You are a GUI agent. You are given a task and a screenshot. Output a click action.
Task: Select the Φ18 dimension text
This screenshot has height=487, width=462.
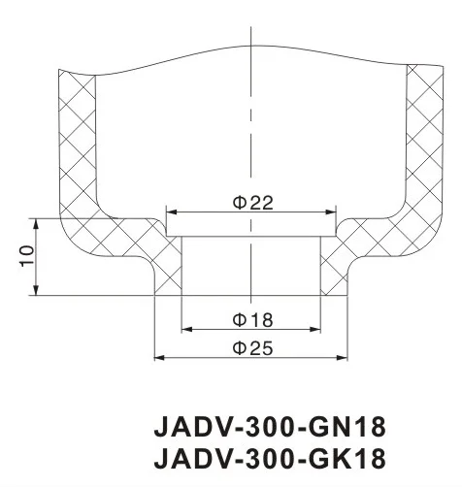(x=251, y=319)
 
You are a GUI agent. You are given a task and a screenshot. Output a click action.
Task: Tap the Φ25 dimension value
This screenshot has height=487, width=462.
(x=251, y=349)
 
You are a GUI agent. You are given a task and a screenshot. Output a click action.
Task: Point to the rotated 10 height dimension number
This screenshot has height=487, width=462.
(x=27, y=256)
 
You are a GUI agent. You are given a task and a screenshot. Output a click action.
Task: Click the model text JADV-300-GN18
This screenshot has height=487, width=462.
(x=271, y=427)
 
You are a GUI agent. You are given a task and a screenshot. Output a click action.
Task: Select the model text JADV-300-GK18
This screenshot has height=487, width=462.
(x=271, y=457)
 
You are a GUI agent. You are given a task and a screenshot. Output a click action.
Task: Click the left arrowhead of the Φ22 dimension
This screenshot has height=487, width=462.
(x=172, y=212)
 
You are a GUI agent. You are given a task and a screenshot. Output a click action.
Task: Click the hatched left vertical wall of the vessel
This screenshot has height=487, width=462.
(x=78, y=146)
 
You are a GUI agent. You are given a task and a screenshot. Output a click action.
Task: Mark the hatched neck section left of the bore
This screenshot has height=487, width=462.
(x=167, y=267)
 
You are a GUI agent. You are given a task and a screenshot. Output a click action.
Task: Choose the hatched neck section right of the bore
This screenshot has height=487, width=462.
(x=336, y=267)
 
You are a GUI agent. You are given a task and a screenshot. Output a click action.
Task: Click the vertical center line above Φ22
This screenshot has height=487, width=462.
(x=251, y=126)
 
